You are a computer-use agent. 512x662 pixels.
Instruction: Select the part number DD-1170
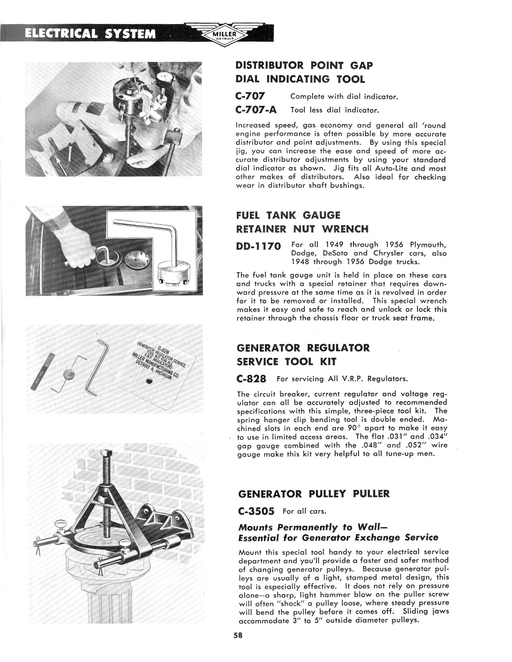(x=259, y=246)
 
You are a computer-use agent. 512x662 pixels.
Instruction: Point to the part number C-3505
(x=256, y=512)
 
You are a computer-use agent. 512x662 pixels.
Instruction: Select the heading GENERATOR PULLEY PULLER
(x=314, y=493)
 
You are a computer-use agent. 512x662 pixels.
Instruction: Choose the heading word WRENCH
(x=345, y=229)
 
